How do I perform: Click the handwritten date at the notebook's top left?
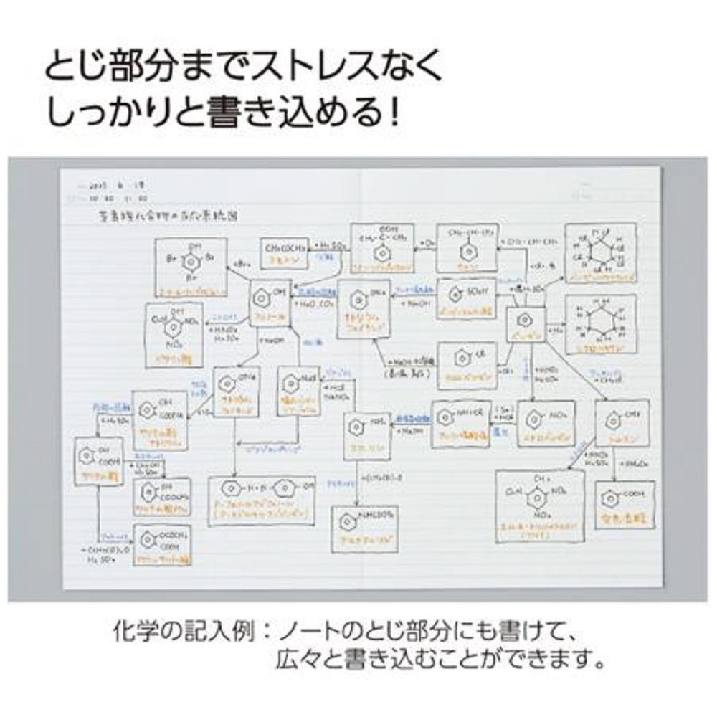point(108,186)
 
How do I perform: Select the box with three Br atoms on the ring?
point(192,267)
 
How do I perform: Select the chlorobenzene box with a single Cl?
point(467,365)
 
